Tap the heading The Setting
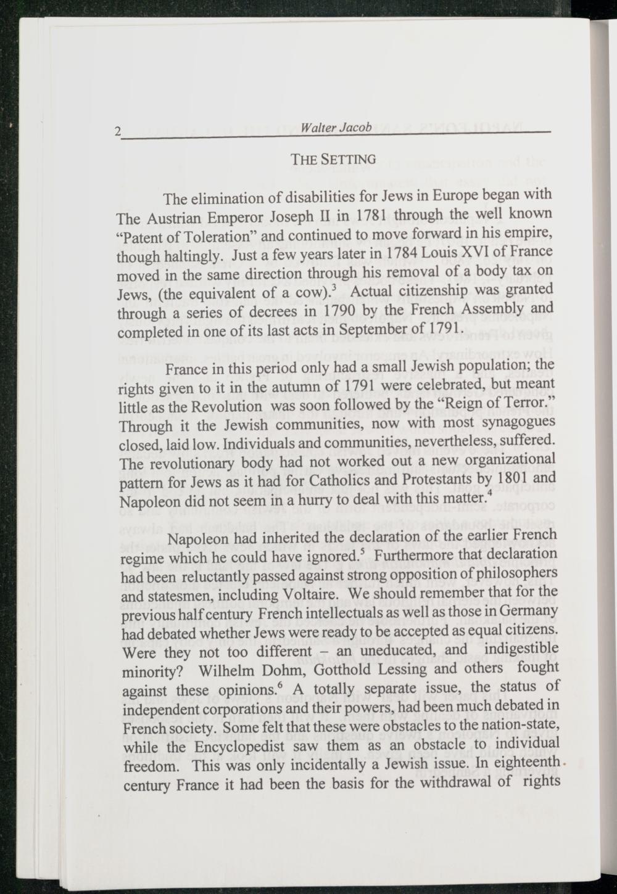[x=333, y=160]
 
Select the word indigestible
[x=521, y=649]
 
